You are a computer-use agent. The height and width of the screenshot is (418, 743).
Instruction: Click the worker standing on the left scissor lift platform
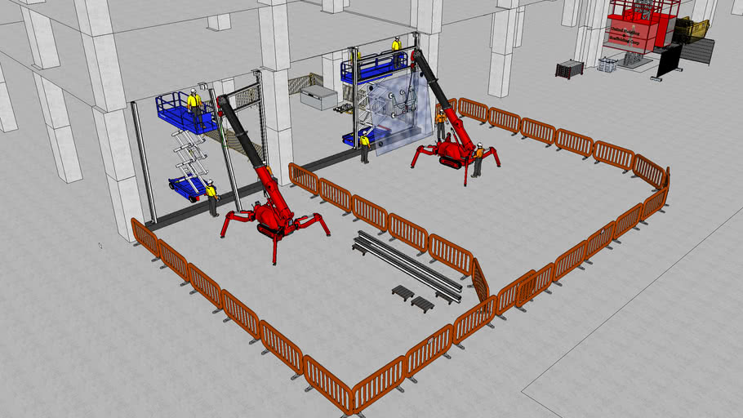point(194,104)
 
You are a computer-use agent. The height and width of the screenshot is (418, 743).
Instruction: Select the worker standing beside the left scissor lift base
point(212,197)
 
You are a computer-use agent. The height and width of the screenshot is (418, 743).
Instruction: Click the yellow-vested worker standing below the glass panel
point(365,147)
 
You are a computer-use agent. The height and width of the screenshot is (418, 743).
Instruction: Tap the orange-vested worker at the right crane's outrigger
point(478,160)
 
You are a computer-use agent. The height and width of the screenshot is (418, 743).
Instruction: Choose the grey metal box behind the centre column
point(318,98)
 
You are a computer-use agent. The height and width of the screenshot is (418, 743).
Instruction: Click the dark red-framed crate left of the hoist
point(569,69)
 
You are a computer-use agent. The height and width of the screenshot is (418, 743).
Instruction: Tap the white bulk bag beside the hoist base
point(607,63)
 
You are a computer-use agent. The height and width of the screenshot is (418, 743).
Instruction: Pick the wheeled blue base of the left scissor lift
point(188,188)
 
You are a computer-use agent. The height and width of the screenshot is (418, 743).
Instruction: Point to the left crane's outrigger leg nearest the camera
point(274,250)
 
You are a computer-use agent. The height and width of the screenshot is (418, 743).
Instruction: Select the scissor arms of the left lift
point(189,151)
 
